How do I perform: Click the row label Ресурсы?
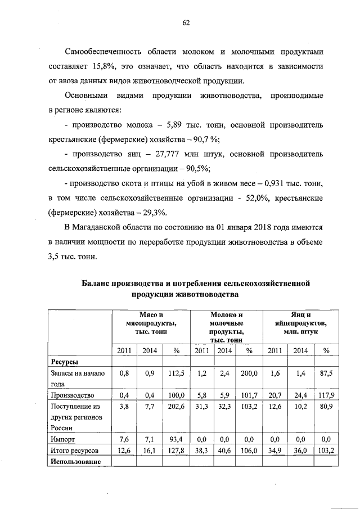coord(65,362)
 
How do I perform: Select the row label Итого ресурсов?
coord(74,451)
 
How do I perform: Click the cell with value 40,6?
coord(225,451)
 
